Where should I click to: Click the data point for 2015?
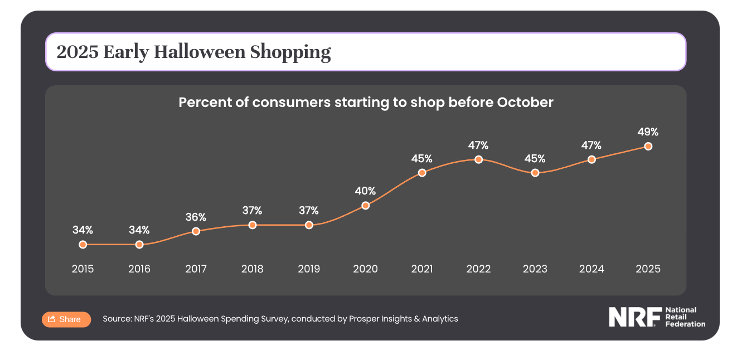[83, 244]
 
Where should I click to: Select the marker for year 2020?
[365, 205]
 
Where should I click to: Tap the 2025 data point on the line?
[648, 146]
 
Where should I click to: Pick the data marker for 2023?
[535, 173]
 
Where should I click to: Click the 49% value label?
[648, 132]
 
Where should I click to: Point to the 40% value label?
[365, 191]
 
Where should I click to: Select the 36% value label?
[196, 217]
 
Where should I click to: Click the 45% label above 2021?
[422, 159]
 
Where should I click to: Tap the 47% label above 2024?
[591, 145]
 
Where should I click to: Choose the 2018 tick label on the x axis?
[253, 269]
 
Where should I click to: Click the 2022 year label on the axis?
[478, 269]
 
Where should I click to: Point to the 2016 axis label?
[139, 269]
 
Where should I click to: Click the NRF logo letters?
[634, 317]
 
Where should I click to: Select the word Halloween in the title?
[199, 52]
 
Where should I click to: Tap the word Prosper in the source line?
[363, 319]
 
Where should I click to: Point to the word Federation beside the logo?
[685, 324]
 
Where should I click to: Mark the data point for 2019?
[309, 225]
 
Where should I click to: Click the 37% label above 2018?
[253, 211]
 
